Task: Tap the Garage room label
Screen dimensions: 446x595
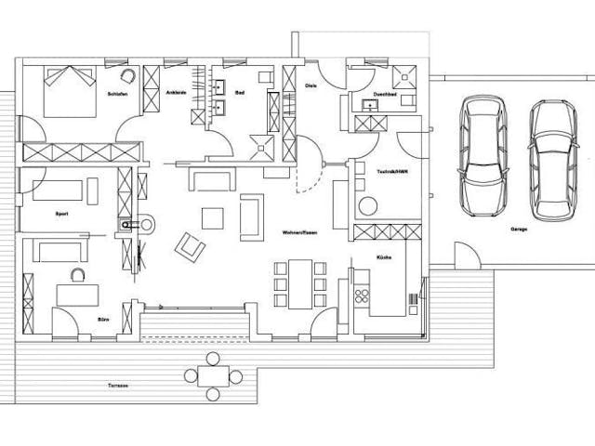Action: pyautogui.click(x=519, y=228)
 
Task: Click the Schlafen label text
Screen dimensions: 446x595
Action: pyautogui.click(x=117, y=94)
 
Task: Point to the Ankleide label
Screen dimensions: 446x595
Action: pyautogui.click(x=176, y=94)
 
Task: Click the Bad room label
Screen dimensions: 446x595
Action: pyautogui.click(x=239, y=94)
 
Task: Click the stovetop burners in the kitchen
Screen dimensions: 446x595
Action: pyautogui.click(x=362, y=295)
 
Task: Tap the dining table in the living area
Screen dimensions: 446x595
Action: pyautogui.click(x=299, y=282)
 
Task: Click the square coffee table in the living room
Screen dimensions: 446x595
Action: pyautogui.click(x=213, y=217)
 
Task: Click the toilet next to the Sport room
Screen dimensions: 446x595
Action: pyautogui.click(x=128, y=224)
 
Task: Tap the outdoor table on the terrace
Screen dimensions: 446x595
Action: pyautogui.click(x=213, y=376)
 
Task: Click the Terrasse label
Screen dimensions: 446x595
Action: pyautogui.click(x=116, y=385)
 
